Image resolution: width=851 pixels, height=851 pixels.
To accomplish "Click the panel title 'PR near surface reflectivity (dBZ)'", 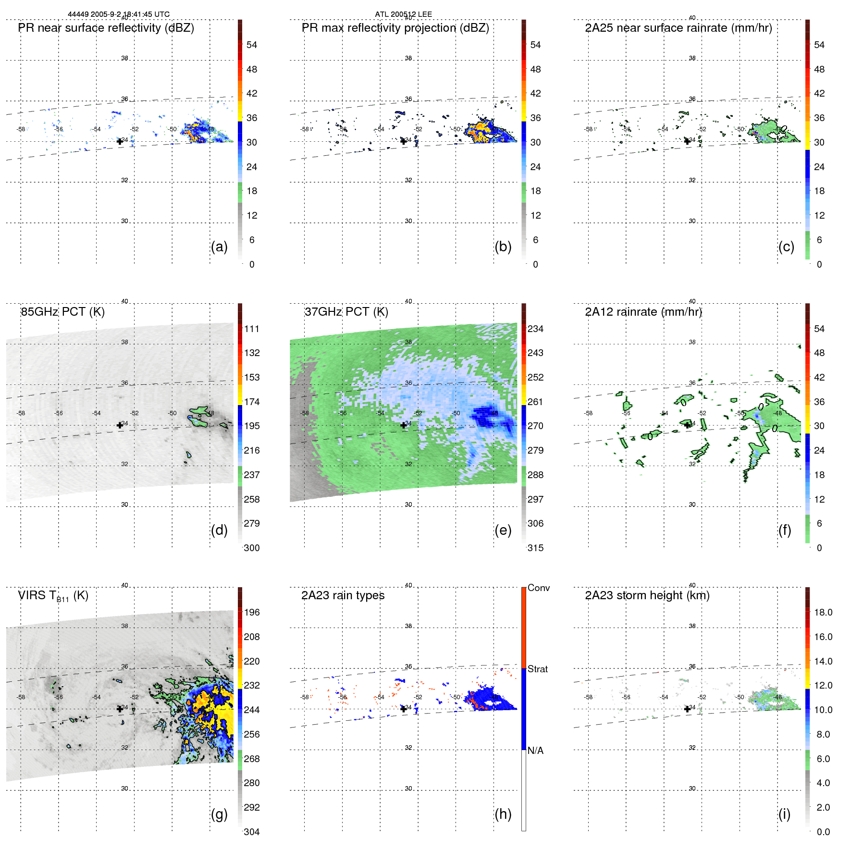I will click(x=106, y=28).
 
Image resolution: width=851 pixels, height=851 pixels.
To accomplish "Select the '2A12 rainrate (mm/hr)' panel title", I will click(x=643, y=312).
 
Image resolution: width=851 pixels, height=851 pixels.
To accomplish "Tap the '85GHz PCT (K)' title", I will click(x=62, y=312).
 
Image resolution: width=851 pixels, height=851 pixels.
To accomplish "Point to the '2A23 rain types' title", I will click(x=343, y=595).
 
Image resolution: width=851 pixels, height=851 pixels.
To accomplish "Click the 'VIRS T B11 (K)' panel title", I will click(x=53, y=596).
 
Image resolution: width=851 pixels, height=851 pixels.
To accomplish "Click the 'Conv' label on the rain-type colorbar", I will click(x=538, y=588).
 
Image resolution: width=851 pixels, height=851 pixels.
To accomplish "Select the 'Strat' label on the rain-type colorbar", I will click(x=537, y=669).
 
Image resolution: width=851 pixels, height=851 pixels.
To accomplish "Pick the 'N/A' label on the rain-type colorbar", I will click(x=535, y=751).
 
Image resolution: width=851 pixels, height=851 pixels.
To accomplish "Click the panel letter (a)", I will click(x=219, y=247).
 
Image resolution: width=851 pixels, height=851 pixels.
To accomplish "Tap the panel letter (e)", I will click(x=503, y=530).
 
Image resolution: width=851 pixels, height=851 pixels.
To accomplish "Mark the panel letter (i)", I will click(x=784, y=814).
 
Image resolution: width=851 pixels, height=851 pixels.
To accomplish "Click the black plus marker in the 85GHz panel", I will click(x=120, y=425).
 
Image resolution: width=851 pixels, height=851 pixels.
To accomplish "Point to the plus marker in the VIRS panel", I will click(x=120, y=709).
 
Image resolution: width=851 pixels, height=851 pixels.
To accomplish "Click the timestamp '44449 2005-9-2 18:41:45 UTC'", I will click(x=119, y=14).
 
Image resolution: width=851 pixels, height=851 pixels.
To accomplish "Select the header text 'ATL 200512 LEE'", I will click(x=403, y=14).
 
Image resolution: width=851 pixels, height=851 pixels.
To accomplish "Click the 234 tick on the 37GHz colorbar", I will click(x=535, y=329).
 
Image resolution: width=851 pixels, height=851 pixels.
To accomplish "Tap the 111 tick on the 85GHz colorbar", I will click(x=251, y=329).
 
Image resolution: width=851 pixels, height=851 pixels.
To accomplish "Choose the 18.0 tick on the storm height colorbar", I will click(x=823, y=612).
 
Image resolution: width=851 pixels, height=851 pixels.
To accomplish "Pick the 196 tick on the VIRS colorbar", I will click(x=251, y=612).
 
